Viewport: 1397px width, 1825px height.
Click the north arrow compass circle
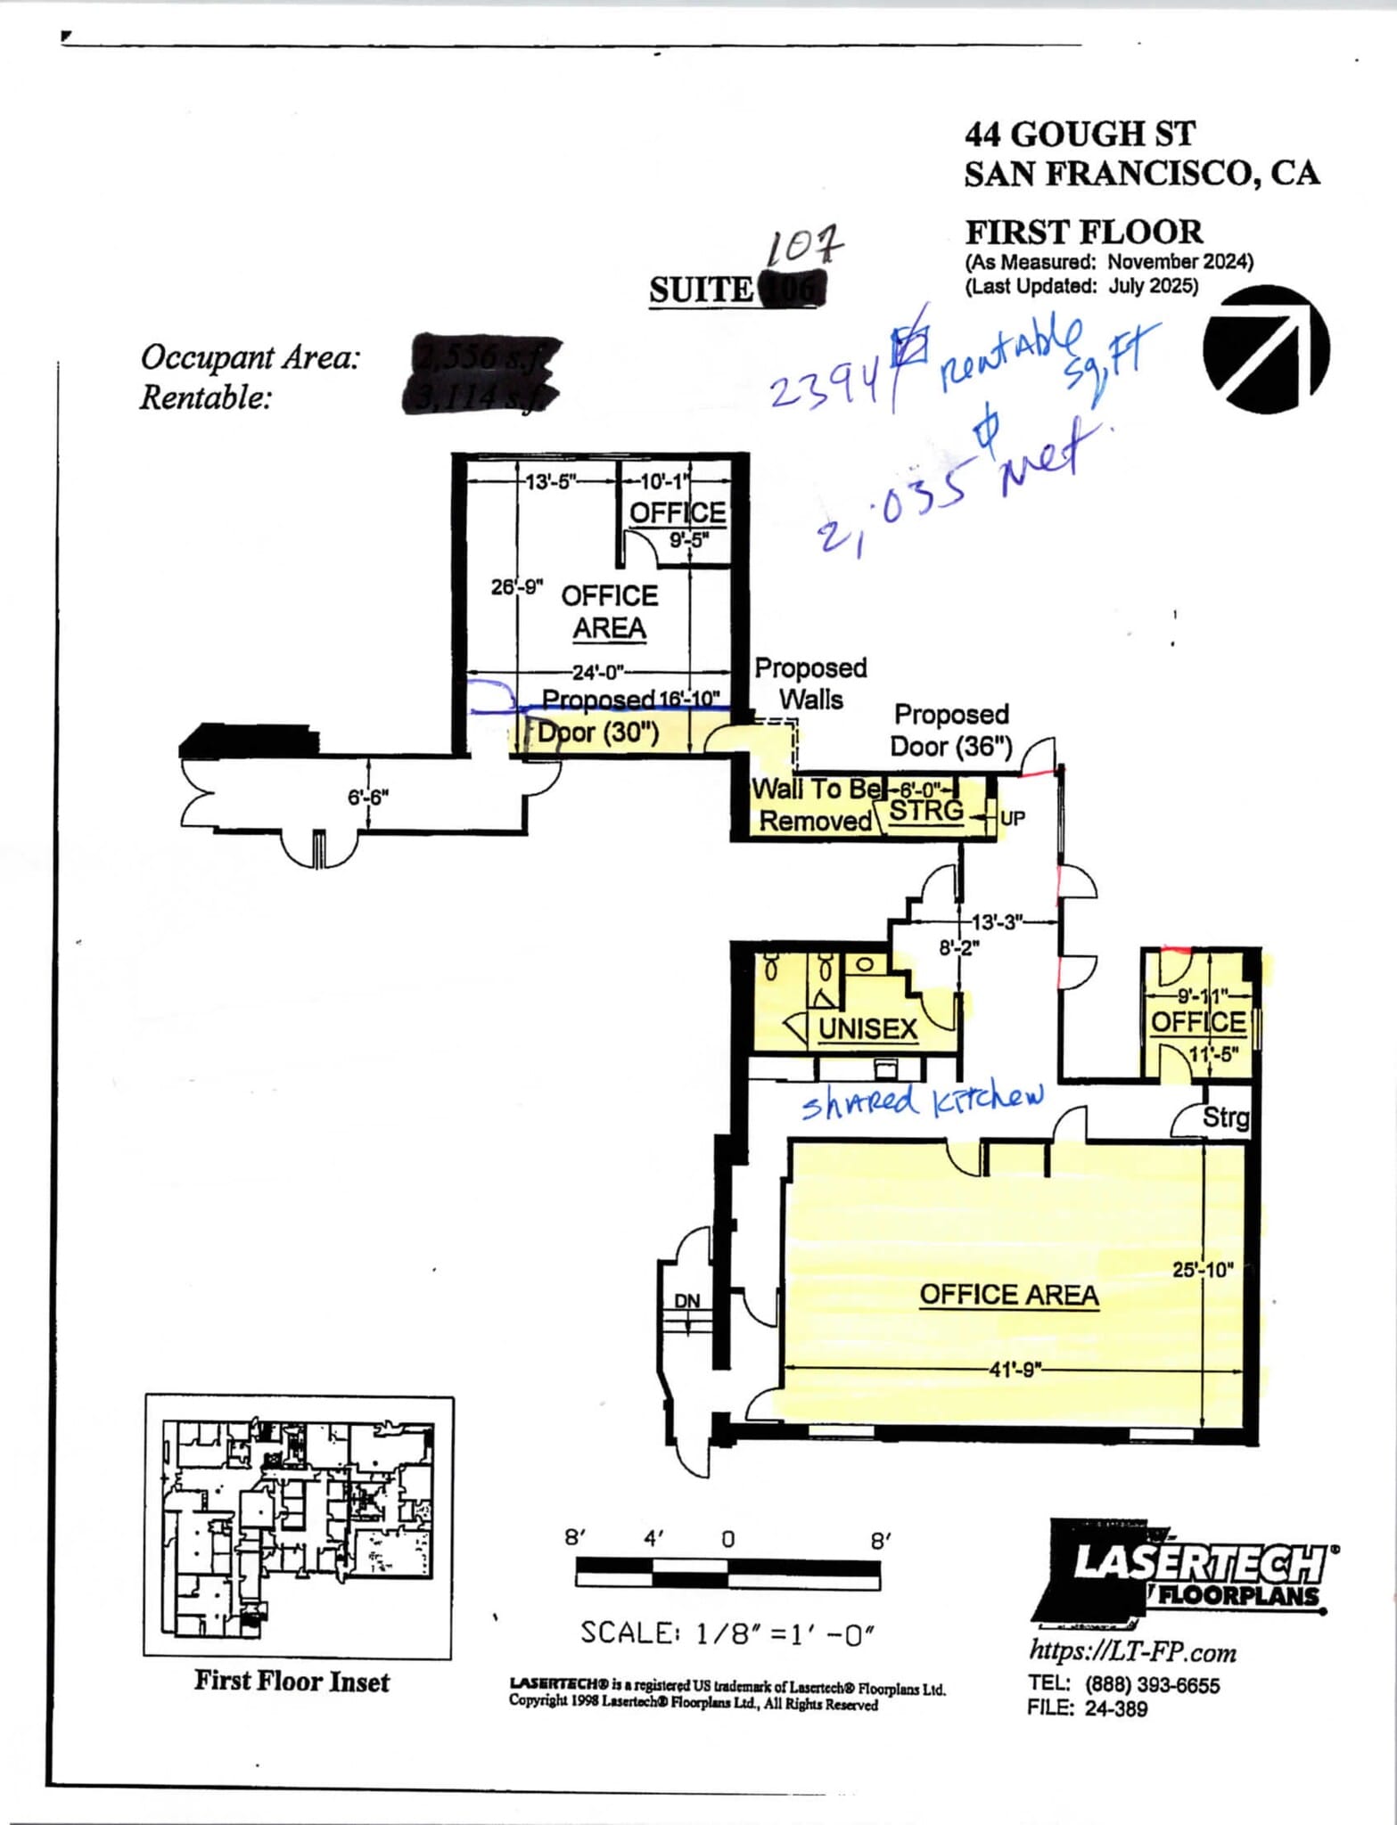(x=1265, y=349)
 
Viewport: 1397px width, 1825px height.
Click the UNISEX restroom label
(x=867, y=1029)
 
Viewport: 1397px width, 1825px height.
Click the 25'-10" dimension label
(x=1203, y=1269)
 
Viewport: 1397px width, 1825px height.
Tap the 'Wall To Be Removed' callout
(x=814, y=805)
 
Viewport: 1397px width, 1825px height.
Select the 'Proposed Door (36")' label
(x=951, y=731)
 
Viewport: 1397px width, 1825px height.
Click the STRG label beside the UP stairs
(x=927, y=811)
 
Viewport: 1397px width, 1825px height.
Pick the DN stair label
(x=686, y=1302)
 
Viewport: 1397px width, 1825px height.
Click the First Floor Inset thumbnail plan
(x=299, y=1526)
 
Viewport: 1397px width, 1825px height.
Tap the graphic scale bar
(x=727, y=1574)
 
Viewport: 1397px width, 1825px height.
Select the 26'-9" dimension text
(x=516, y=587)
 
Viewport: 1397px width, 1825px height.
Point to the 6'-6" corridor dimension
(x=368, y=797)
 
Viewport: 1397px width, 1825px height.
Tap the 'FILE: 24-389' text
(x=1087, y=1708)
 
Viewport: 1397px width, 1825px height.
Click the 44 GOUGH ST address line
(x=1079, y=135)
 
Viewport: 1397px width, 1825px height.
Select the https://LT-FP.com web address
(x=1132, y=1651)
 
